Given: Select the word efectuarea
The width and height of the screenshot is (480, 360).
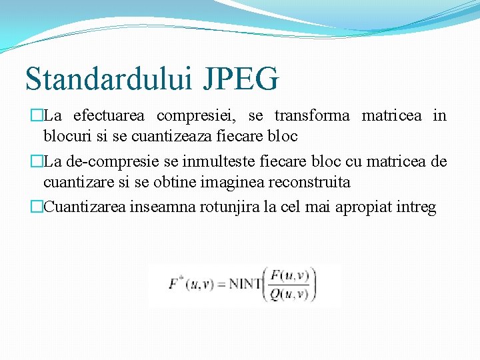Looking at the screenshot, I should (109, 116).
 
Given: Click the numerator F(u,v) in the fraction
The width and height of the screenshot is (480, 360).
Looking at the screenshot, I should (290, 275).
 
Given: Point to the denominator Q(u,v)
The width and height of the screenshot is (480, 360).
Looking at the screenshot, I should (290, 293).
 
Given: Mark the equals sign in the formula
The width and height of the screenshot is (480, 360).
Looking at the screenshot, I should (221, 285).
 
